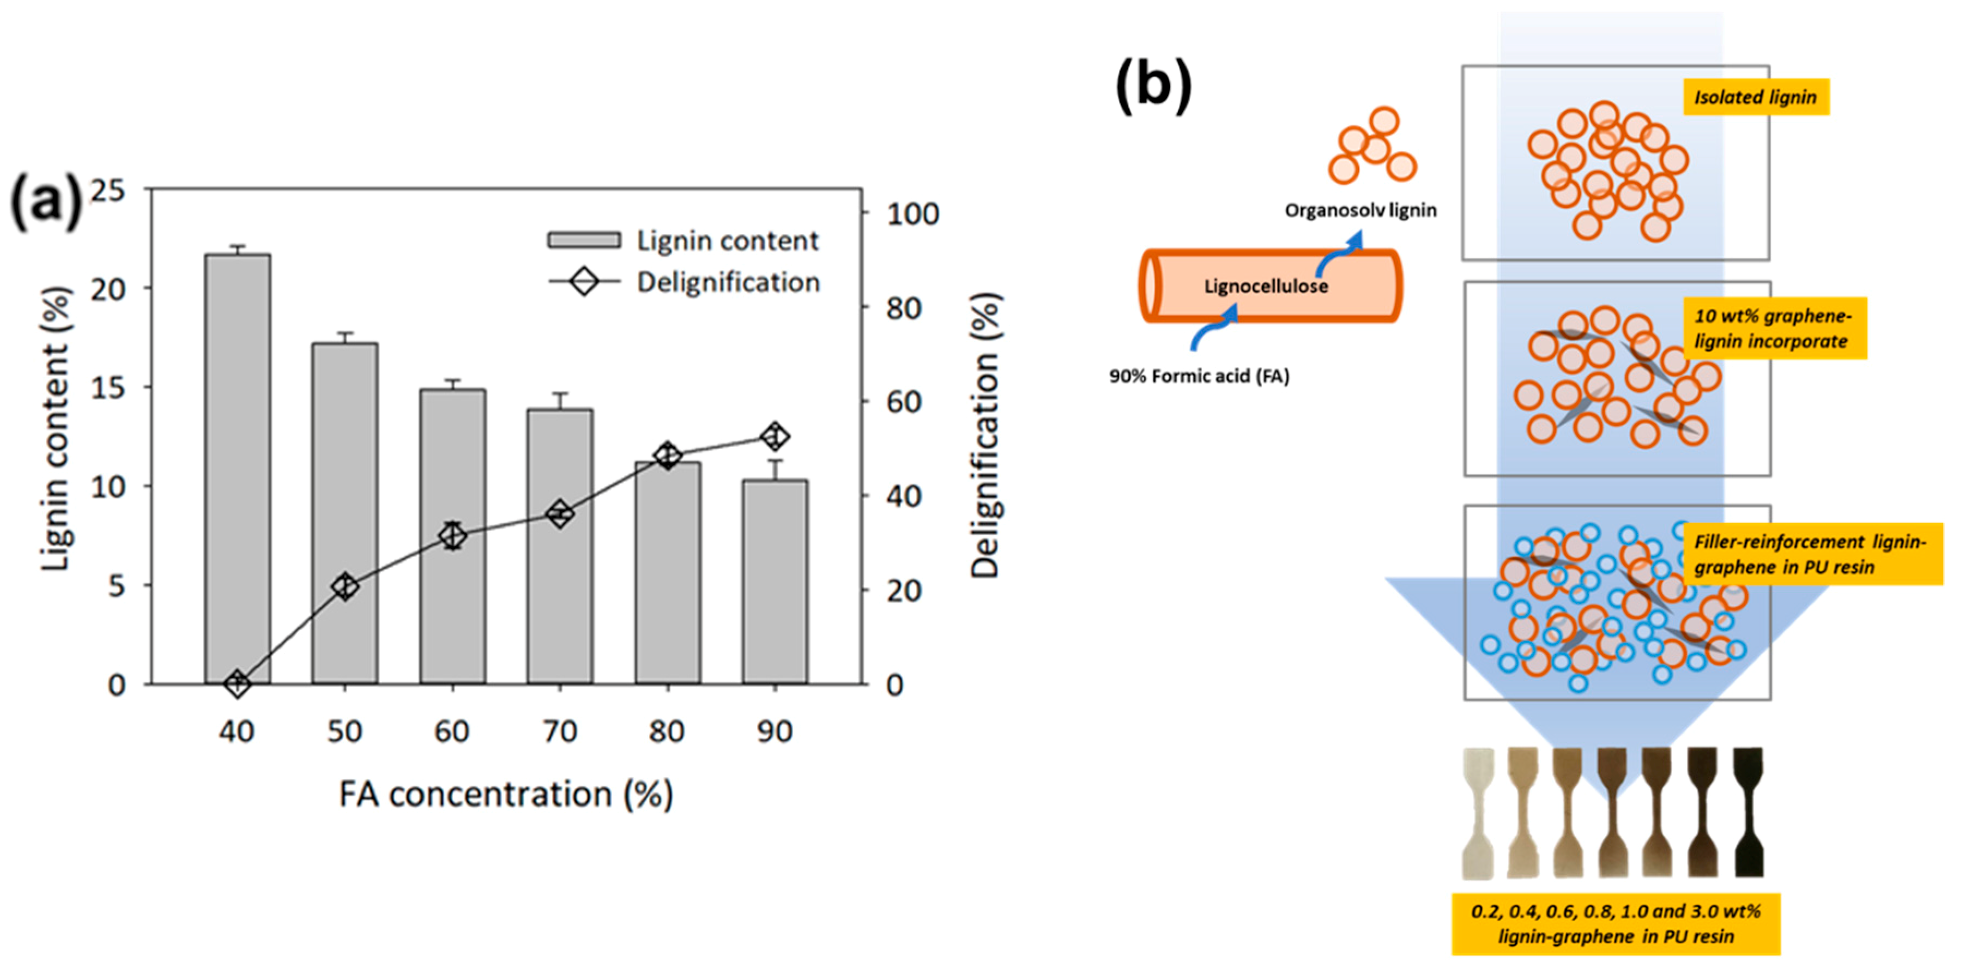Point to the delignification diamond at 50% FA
point(345,586)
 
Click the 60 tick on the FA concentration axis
point(452,731)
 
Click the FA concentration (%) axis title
point(506,795)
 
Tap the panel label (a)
point(46,202)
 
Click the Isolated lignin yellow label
point(1756,97)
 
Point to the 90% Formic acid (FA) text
point(1199,376)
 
